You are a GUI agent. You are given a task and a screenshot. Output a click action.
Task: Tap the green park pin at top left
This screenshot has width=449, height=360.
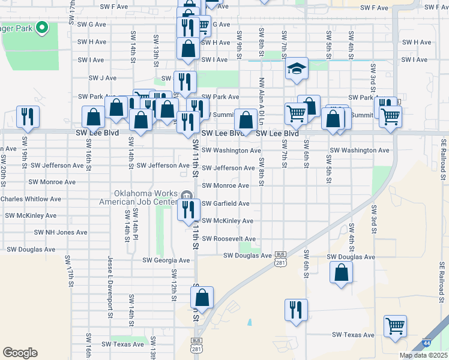(x=41, y=27)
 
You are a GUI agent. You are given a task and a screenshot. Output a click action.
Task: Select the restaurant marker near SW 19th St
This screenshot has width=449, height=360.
(x=28, y=116)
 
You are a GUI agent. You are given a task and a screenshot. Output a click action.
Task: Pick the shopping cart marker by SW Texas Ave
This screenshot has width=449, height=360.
(x=396, y=328)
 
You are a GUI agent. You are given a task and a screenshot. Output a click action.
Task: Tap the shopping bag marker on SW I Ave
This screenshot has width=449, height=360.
(x=188, y=50)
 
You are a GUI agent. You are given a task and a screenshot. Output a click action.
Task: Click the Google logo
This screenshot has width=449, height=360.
(x=20, y=352)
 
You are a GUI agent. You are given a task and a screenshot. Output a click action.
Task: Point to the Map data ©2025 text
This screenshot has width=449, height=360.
(x=424, y=355)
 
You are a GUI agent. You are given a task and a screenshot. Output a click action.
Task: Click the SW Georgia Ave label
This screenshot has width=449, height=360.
(x=166, y=260)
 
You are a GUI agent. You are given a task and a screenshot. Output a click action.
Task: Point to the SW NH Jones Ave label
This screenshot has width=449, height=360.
(x=61, y=232)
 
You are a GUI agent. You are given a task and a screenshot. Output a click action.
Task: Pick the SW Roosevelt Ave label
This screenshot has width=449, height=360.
(x=229, y=239)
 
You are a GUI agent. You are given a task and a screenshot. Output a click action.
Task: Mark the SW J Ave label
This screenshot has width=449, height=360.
(x=102, y=78)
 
